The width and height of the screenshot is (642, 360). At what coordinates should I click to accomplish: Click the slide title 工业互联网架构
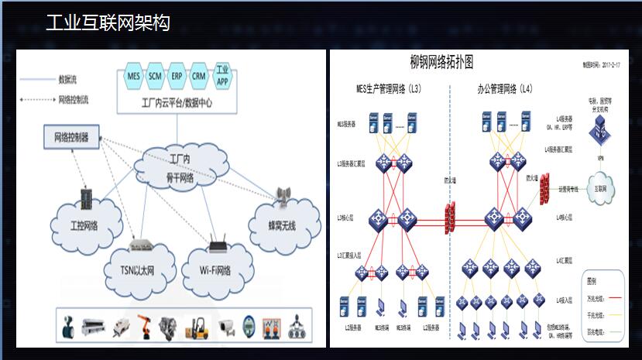(x=108, y=23)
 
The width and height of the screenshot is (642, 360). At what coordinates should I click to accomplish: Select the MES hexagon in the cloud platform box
(x=133, y=76)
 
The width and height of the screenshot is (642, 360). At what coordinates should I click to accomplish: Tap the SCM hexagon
(x=155, y=76)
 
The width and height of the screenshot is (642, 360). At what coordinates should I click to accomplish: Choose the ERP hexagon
(x=177, y=76)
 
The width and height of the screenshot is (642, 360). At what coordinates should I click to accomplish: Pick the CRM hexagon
(x=199, y=76)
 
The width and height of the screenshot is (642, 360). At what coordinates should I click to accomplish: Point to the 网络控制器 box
(x=71, y=138)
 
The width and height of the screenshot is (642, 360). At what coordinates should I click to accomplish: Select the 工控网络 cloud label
(x=85, y=227)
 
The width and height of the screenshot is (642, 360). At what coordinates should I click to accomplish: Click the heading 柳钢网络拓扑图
(x=441, y=62)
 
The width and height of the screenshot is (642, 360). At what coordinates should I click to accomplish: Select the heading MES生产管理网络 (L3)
(x=388, y=90)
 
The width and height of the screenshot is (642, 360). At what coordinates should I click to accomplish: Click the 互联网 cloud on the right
(x=599, y=189)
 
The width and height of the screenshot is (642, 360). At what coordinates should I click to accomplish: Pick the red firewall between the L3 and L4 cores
(x=450, y=218)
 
